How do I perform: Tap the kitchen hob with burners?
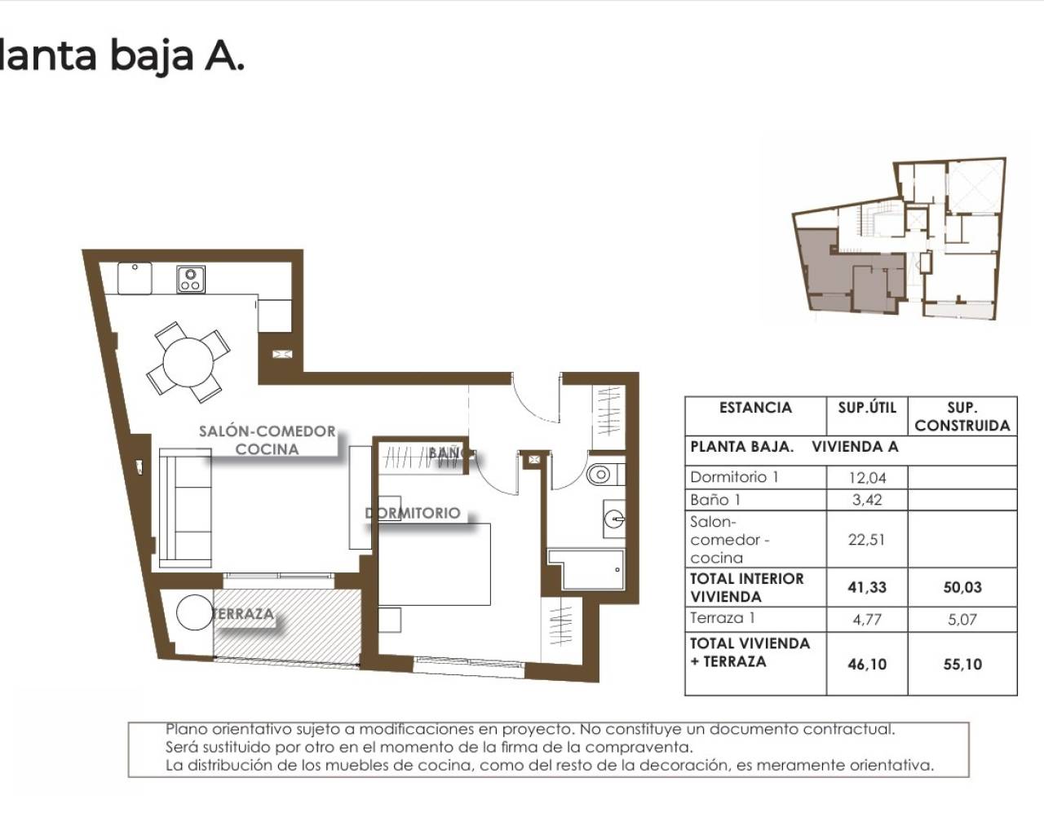coord(191,279)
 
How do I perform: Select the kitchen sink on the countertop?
coord(135,279)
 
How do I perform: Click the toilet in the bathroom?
coord(602,474)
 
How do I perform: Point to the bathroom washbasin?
coord(613,515)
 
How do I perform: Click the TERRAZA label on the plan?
coord(242,614)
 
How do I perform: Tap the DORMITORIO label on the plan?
coord(414,513)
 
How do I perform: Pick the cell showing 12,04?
coord(867,478)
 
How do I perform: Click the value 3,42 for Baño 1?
coord(867,500)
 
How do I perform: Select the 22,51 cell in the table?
coord(867,539)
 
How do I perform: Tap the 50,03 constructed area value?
coord(962,587)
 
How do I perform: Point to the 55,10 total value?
coord(962,664)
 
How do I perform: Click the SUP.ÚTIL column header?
coord(867,407)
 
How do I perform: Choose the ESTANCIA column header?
coord(755,407)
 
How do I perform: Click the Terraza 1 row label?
coord(717,618)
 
